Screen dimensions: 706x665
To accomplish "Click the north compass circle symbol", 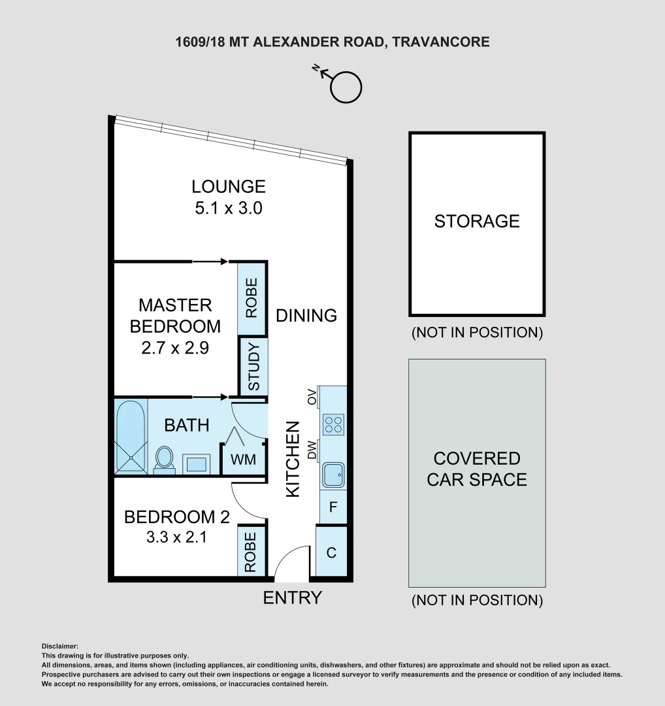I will pyautogui.click(x=346, y=88).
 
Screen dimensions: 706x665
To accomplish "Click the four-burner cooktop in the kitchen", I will pyautogui.click(x=334, y=424).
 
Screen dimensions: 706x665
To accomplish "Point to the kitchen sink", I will pyautogui.click(x=334, y=475).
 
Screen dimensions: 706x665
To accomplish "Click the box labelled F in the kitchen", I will pyautogui.click(x=333, y=507).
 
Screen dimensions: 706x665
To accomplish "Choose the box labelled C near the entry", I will pyautogui.click(x=331, y=552).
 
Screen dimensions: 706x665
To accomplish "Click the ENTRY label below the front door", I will pyautogui.click(x=292, y=597).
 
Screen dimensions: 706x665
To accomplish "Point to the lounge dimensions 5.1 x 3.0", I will pyautogui.click(x=229, y=209).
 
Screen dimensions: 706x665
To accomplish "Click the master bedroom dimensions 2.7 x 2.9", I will pyautogui.click(x=175, y=348).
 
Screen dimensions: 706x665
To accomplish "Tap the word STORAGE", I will pyautogui.click(x=477, y=221).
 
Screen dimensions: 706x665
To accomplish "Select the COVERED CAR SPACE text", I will pyautogui.click(x=477, y=469).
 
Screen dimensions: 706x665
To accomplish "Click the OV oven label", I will pyautogui.click(x=312, y=396).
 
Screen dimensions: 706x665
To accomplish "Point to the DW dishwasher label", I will pyautogui.click(x=312, y=449).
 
